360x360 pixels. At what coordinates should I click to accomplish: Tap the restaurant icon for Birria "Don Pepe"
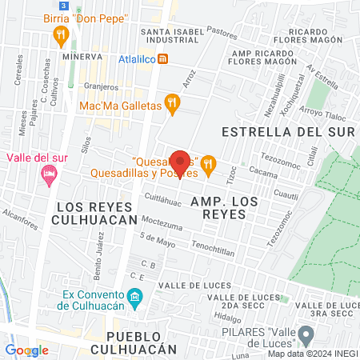coord(58,34)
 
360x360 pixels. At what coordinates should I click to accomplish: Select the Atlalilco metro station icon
coord(163,58)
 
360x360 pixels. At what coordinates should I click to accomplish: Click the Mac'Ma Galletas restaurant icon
coord(171,102)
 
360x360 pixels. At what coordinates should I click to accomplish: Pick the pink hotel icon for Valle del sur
coord(47,174)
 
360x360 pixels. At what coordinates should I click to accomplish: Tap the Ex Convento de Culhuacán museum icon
coord(135,298)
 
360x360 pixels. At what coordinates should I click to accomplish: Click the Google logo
coord(26,350)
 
